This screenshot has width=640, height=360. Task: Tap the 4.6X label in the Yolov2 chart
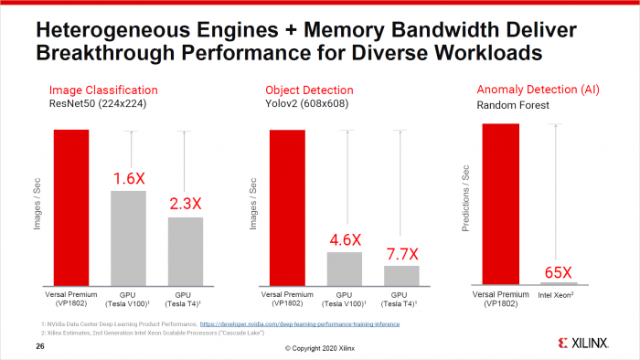[x=345, y=240]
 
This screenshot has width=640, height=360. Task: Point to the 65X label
[x=557, y=272]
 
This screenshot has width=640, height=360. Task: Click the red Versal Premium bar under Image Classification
[x=71, y=207]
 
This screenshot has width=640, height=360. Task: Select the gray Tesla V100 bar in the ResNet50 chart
[x=128, y=238]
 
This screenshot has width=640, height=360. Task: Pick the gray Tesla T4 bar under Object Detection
[x=401, y=275]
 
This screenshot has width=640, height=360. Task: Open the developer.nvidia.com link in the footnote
[x=299, y=324]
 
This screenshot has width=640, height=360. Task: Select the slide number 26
[x=40, y=347]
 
